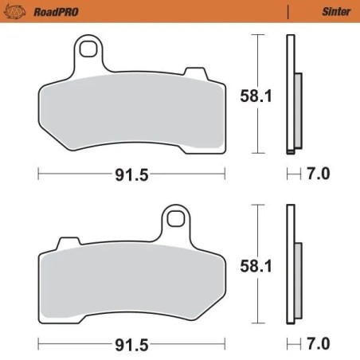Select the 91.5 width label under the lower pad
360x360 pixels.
point(132,344)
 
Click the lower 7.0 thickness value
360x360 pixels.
point(319,343)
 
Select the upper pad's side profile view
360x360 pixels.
point(293,96)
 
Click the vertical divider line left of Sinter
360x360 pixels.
point(287,12)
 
